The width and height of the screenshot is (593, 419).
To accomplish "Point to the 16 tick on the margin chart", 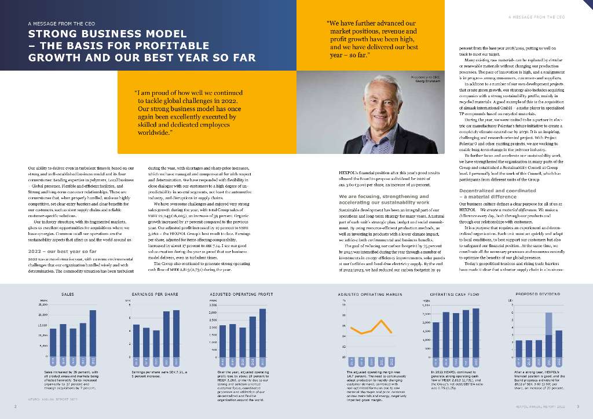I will pos(344,326).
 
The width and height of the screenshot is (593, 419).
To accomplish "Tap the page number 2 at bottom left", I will pos(15,407).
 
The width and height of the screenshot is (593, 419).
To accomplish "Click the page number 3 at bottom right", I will pos(577,407).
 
